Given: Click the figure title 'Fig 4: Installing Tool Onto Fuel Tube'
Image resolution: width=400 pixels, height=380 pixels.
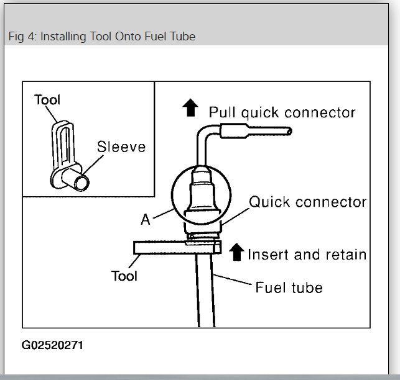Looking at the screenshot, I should point(102,37).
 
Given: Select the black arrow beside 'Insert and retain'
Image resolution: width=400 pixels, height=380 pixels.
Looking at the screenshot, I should point(236,251).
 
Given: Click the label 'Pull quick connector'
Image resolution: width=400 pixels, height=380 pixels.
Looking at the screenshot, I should point(282,112).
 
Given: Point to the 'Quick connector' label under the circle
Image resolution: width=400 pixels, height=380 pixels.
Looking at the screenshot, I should point(307,202).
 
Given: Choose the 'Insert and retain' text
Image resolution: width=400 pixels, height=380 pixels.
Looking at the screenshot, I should point(307,255).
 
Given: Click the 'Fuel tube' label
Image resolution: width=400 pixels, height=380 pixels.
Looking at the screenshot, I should point(289,287).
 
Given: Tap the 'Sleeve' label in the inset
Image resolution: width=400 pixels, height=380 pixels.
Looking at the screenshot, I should point(121,147).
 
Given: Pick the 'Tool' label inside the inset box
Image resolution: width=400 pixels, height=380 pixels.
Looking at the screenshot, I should point(48,99).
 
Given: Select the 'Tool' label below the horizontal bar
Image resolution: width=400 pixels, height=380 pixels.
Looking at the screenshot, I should point(124,275).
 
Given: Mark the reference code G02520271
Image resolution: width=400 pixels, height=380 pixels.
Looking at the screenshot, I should point(52,345).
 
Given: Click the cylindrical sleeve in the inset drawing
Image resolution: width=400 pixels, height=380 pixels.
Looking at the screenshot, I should point(79,183).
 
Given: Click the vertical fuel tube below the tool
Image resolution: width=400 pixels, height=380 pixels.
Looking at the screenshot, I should point(205,292).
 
